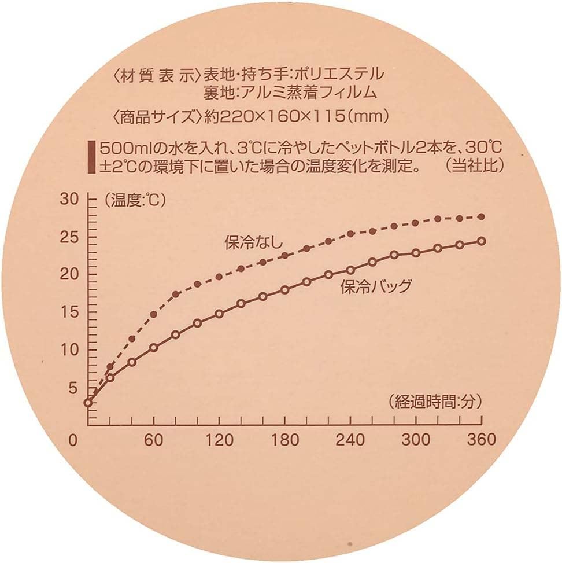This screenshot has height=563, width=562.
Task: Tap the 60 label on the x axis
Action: (153, 440)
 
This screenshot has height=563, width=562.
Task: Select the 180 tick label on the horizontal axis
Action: (284, 440)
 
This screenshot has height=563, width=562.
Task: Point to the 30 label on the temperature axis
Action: (69, 200)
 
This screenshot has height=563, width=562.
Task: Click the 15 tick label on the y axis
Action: (69, 312)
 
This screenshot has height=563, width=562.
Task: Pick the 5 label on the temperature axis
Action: (72, 388)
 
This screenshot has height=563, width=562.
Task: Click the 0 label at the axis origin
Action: (73, 440)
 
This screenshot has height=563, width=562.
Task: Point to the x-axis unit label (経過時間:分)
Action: (435, 400)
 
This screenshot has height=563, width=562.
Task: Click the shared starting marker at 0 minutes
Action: (88, 403)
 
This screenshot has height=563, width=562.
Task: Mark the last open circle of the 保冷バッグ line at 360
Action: (481, 241)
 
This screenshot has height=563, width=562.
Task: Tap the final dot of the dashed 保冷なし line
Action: (481, 216)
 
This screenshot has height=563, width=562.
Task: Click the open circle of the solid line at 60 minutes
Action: (154, 348)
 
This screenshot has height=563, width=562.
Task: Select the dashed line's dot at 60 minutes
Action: (154, 315)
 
